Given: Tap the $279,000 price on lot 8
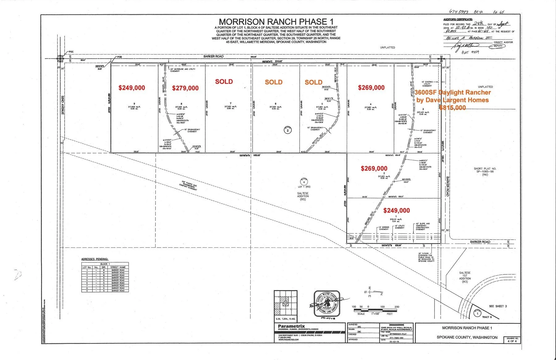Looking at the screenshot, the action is click(185, 88).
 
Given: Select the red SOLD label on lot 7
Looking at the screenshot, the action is click(224, 82).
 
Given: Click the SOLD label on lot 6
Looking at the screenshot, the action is click(274, 82).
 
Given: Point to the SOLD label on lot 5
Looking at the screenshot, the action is click(313, 82).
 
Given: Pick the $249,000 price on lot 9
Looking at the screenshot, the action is click(132, 88).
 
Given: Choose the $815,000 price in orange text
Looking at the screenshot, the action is click(452, 108).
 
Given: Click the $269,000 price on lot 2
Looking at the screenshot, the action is click(374, 169).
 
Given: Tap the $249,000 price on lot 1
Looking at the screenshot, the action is click(397, 211).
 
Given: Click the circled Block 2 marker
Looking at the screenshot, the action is click(288, 130).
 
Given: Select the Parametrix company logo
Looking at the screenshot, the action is click(291, 326).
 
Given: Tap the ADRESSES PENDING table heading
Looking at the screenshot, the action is click(95, 259).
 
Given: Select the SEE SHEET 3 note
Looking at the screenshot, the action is click(498, 306).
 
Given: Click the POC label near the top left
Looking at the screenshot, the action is click(71, 52).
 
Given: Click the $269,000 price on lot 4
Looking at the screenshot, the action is click(371, 88).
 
